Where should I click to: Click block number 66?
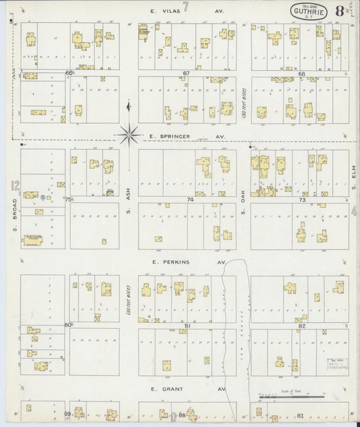[69, 73]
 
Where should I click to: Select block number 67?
[186, 73]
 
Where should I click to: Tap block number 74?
[190, 200]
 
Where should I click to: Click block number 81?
[186, 326]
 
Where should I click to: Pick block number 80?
[68, 325]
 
